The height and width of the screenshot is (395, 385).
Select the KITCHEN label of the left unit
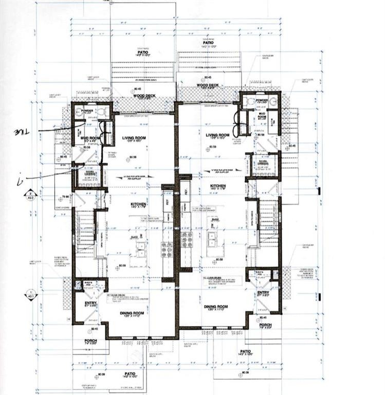tap(138, 204)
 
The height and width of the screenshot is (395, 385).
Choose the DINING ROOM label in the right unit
tap(216, 307)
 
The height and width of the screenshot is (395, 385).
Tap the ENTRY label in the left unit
tap(90, 303)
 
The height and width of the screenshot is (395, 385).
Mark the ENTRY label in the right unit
tap(263, 293)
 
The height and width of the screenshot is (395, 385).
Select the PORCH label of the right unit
tap(265, 325)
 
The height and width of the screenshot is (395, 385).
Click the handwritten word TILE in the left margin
tap(22, 132)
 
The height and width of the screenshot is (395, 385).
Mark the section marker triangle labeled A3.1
tap(27, 294)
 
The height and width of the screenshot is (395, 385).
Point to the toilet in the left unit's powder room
tap(101, 111)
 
